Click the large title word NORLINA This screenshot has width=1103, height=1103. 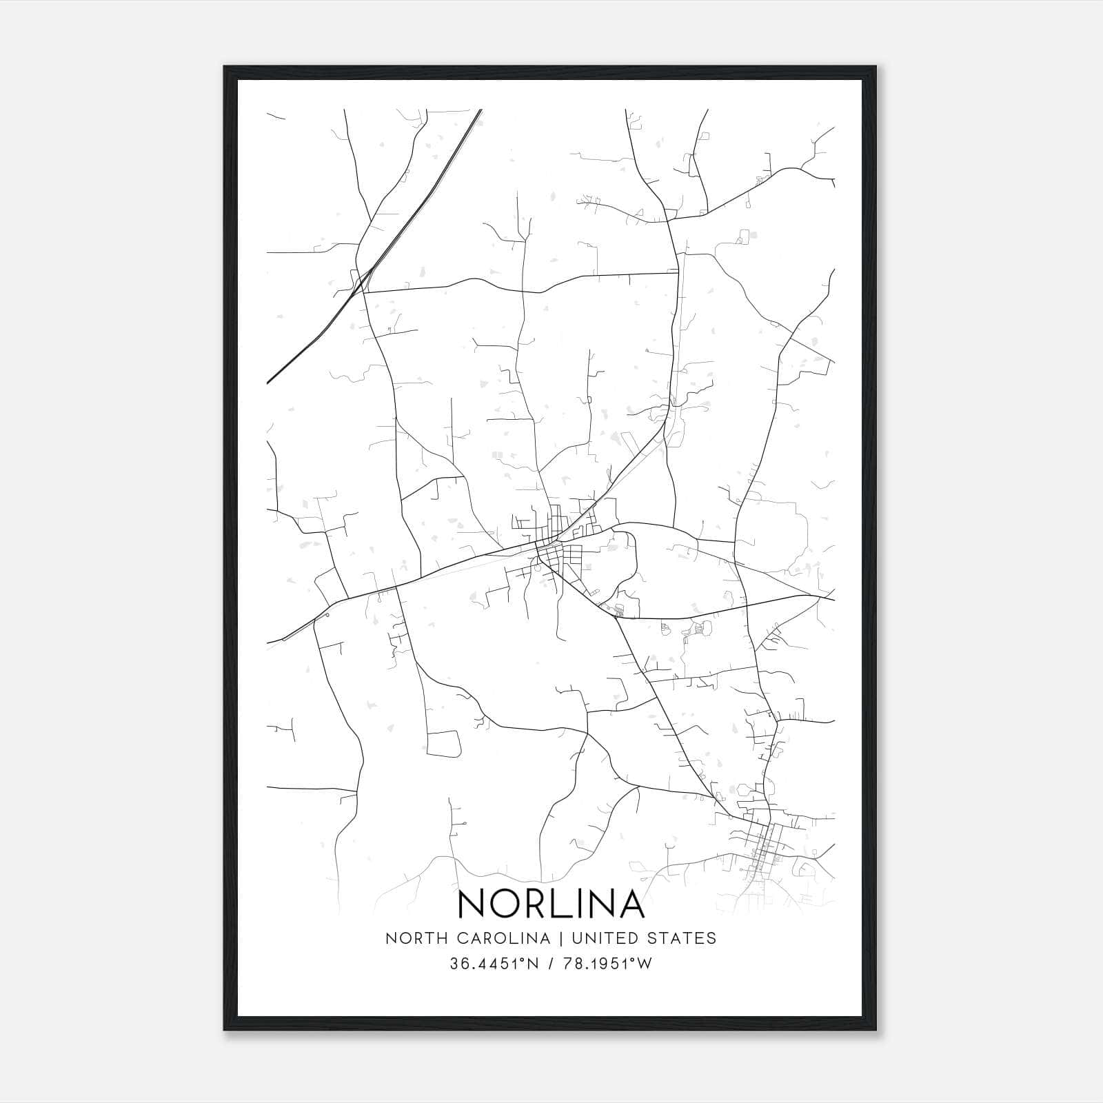(551, 904)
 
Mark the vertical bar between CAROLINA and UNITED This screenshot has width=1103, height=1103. (560, 938)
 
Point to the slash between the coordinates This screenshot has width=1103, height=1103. (551, 964)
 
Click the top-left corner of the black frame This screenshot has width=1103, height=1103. (225, 68)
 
